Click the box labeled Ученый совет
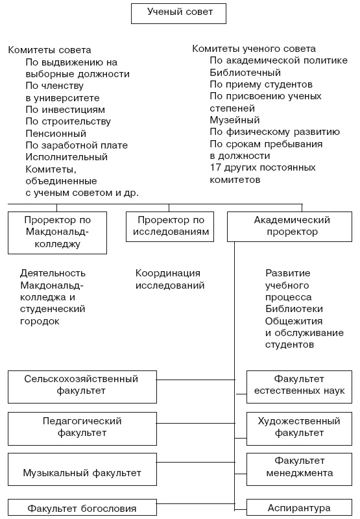tap(180, 13)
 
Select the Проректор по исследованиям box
tap(169, 226)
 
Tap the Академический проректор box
tap(291, 226)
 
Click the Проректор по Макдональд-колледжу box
tap(57, 232)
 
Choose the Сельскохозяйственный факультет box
tap(82, 385)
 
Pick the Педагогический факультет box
tap(82, 427)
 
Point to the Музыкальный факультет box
tap(82, 472)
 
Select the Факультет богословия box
tap(82, 508)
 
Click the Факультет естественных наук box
tap(299, 385)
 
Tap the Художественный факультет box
tap(299, 427)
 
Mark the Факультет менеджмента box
tap(299, 467)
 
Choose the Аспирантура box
tap(299, 508)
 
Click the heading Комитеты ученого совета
tap(254, 49)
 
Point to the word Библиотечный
tap(245, 73)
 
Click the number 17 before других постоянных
tap(215, 167)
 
